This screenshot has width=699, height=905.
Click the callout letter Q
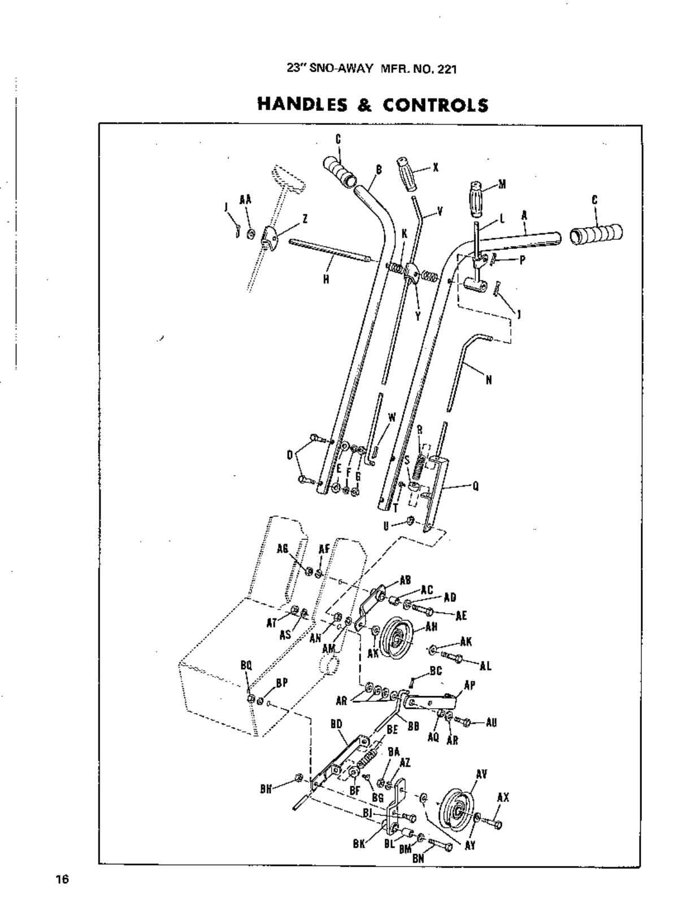[x=475, y=486]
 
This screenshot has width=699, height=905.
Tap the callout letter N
[x=488, y=380]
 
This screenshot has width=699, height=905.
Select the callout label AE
[x=461, y=615]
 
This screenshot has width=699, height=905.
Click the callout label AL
[x=485, y=666]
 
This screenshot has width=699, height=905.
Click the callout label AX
[x=503, y=798]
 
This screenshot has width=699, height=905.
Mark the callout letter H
[x=326, y=279]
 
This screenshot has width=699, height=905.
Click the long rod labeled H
[x=331, y=251]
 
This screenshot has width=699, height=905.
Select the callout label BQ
[x=246, y=665]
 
